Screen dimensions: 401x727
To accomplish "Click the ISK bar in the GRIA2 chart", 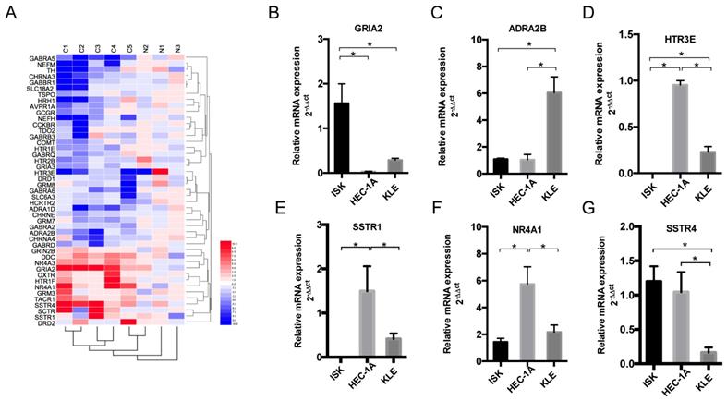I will pos(341,138).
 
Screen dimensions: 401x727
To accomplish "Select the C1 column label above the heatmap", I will pos(66,46).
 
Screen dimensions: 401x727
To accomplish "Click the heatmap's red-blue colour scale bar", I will pos(224,283).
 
